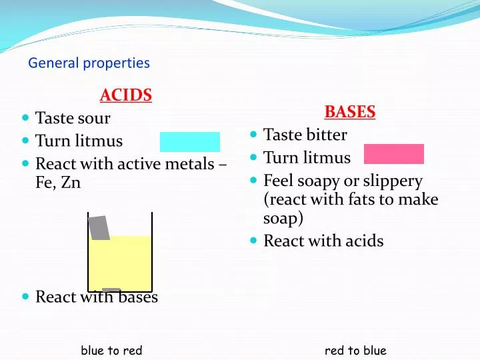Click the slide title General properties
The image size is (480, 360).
(x=89, y=63)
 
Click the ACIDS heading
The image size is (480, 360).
(x=126, y=95)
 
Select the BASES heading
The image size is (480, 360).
(x=350, y=112)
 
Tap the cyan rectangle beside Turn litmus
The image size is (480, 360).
(x=189, y=142)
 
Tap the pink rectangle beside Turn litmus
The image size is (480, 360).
(x=393, y=154)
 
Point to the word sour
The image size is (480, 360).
(x=93, y=119)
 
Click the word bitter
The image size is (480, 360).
(x=325, y=135)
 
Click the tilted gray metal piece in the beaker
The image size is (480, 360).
(x=99, y=228)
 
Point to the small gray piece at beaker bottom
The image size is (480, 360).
(x=111, y=290)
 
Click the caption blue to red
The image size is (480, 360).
(x=112, y=351)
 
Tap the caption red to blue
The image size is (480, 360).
(x=355, y=351)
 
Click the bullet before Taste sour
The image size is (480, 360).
(x=25, y=118)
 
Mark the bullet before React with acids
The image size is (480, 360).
(x=254, y=241)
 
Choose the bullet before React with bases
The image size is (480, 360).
(x=25, y=297)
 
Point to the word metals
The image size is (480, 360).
(x=193, y=163)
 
